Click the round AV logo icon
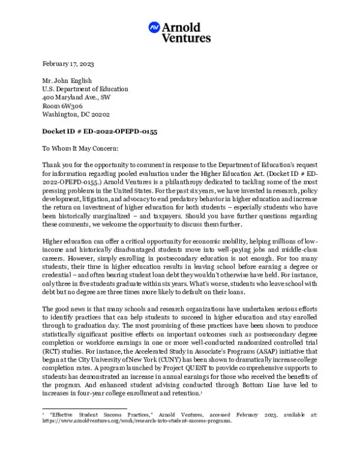[x=154, y=28]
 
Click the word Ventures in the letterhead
[x=186, y=38]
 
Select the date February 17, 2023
[x=68, y=64]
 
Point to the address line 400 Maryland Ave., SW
[x=76, y=97]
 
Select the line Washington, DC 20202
[x=76, y=113]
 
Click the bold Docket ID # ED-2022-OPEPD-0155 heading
[x=100, y=131]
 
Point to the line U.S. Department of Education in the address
[x=85, y=88]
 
